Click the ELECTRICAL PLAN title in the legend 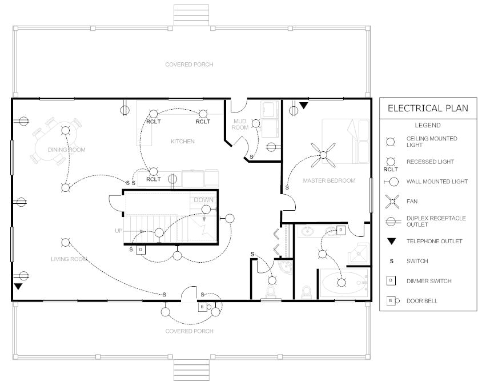coord(428,108)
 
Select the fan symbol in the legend coord(391,201)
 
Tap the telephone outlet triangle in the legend coord(391,241)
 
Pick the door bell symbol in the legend coord(391,300)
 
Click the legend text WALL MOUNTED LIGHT coord(437,182)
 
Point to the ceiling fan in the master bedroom coord(324,155)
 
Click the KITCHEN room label coord(183,141)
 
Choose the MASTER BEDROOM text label coord(329,180)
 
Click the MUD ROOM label coord(240,124)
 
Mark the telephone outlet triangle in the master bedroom coord(304,106)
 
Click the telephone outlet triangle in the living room coord(19,287)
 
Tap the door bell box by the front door coord(202,307)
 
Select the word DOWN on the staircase coord(204,200)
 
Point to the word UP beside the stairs coord(118,231)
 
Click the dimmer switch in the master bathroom coord(340,230)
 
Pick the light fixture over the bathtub coord(342,281)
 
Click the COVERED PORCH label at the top coord(189,65)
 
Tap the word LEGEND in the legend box coord(427,125)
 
